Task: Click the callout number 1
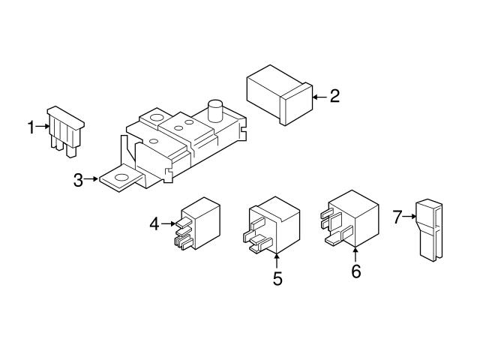(x=31, y=128)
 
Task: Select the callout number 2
(x=334, y=96)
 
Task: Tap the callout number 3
(x=78, y=179)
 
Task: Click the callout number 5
(x=277, y=279)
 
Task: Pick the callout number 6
(x=355, y=271)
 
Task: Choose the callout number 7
(x=397, y=217)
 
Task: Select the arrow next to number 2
(x=319, y=97)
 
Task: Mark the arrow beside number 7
(x=411, y=217)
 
